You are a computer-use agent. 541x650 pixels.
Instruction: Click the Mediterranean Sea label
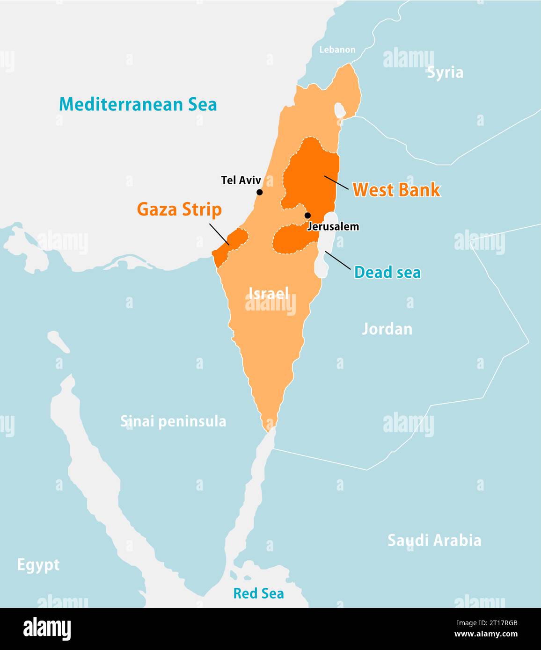(138, 104)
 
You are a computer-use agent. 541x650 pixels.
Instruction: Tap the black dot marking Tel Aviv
(259, 192)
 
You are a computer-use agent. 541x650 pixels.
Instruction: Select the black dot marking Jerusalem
(307, 216)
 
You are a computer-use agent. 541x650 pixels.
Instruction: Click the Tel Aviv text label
(241, 180)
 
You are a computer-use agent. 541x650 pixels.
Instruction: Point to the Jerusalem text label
(333, 227)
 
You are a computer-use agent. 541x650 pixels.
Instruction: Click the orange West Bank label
(396, 190)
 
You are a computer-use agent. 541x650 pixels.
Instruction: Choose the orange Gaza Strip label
(179, 209)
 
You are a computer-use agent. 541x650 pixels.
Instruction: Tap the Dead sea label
(387, 272)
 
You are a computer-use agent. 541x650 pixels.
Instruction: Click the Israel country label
(269, 293)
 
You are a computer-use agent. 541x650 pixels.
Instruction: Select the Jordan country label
(387, 329)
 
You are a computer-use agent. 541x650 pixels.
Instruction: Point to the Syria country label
(445, 72)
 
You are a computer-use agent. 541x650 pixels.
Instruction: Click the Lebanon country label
(337, 50)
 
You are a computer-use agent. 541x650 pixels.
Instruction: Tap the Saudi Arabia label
(434, 540)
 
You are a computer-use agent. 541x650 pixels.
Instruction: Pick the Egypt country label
(38, 564)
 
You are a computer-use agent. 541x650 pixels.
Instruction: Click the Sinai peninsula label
(173, 421)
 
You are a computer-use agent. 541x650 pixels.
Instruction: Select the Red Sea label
(258, 593)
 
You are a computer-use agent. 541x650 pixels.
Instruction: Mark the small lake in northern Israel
(339, 110)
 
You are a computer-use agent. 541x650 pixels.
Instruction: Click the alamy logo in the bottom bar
(47, 629)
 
